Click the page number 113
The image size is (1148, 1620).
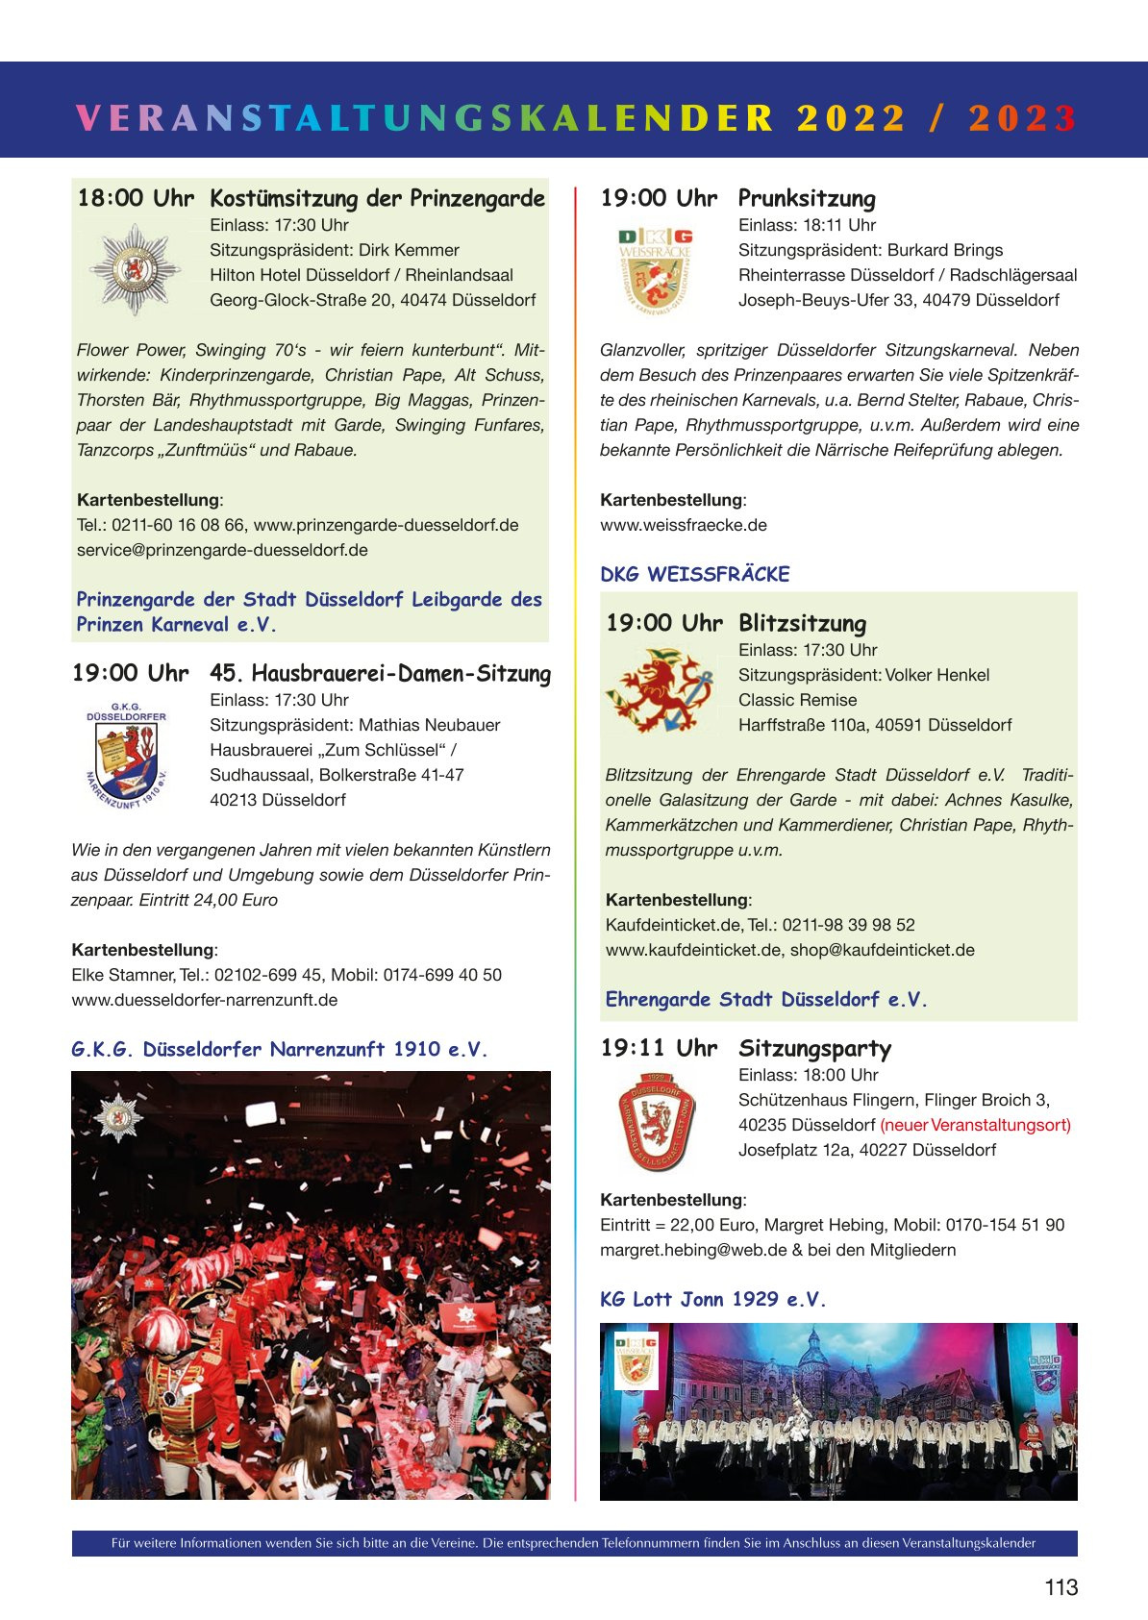1061,1587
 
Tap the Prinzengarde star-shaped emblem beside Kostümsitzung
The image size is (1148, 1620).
135,270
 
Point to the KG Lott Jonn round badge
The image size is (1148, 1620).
656,1119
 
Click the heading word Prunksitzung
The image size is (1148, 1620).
807,199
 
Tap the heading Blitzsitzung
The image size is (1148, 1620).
802,624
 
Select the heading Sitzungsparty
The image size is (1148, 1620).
814,1049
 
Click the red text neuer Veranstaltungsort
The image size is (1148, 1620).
975,1125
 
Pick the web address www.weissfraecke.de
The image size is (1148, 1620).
684,525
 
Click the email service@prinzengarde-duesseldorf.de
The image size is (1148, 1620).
222,550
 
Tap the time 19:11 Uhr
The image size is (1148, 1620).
659,1049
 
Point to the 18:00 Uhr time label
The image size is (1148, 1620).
136,199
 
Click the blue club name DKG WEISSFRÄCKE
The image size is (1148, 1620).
695,575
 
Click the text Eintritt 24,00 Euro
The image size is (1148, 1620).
209,900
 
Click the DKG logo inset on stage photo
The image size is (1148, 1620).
636,1359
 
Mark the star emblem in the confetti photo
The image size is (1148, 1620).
117,1118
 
